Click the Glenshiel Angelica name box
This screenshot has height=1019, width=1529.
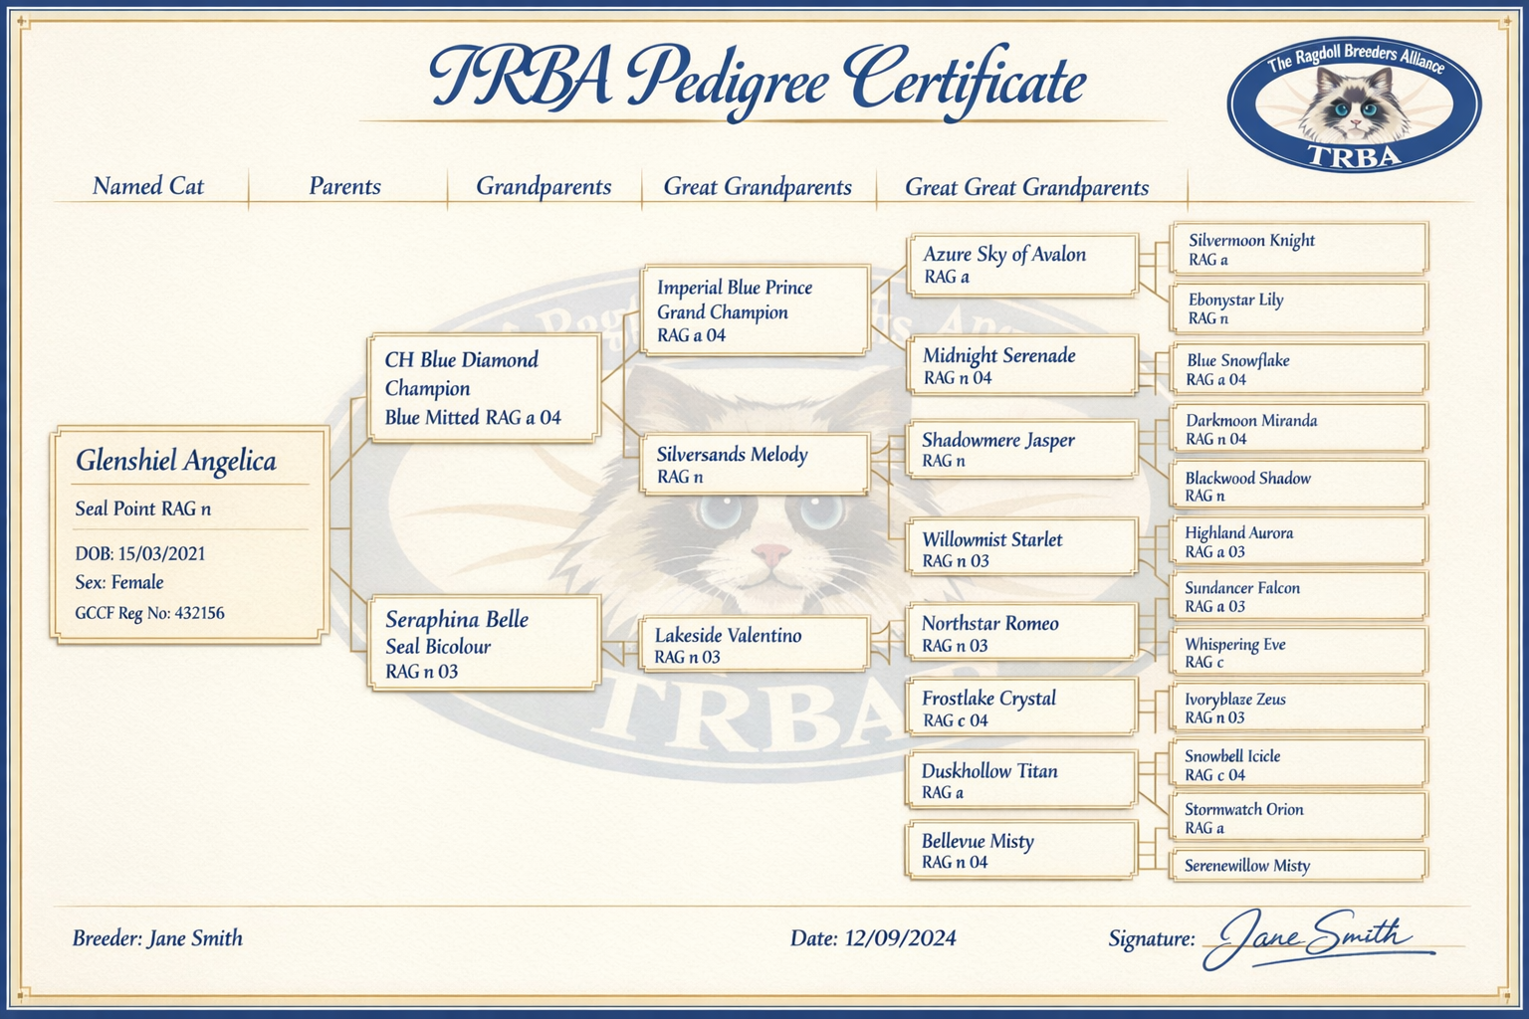tap(189, 534)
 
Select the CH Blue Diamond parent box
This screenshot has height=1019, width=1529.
tap(484, 388)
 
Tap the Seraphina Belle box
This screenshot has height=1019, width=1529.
tap(484, 644)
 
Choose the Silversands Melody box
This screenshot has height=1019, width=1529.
tap(754, 465)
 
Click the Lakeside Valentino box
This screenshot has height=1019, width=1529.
tap(754, 645)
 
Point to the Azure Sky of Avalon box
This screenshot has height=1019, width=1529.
tap(1021, 265)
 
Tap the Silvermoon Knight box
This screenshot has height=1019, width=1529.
tap(1298, 249)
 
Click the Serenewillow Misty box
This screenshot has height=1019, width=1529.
tap(1298, 866)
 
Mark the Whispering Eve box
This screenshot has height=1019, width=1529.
tap(1298, 653)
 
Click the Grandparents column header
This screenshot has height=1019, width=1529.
tap(544, 187)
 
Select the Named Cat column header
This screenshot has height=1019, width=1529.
tap(148, 187)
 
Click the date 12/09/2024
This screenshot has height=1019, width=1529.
tap(900, 938)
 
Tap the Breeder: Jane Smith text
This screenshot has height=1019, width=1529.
tap(157, 938)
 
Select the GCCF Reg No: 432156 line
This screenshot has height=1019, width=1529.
tap(149, 613)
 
